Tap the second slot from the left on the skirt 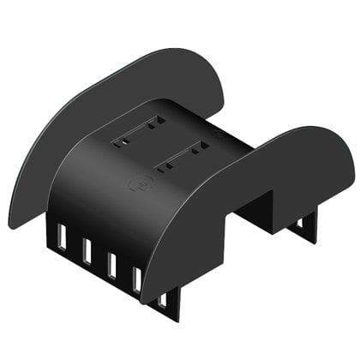[x=87, y=250]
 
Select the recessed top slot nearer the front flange [x=183, y=157]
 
